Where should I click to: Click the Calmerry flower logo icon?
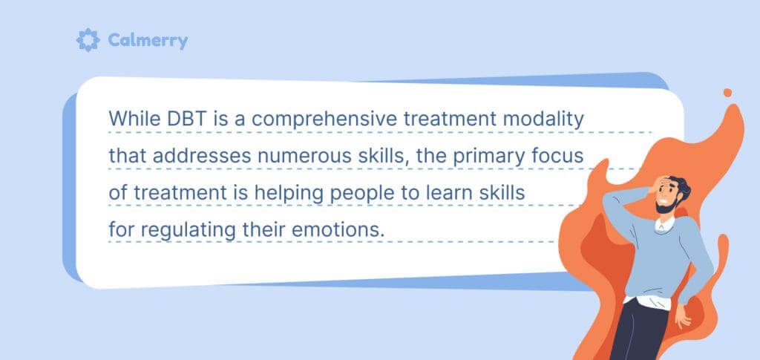point(88,40)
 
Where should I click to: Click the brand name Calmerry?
point(148,41)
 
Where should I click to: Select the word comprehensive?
point(321,119)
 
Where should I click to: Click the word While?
point(133,119)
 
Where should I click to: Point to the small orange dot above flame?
point(727,93)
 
